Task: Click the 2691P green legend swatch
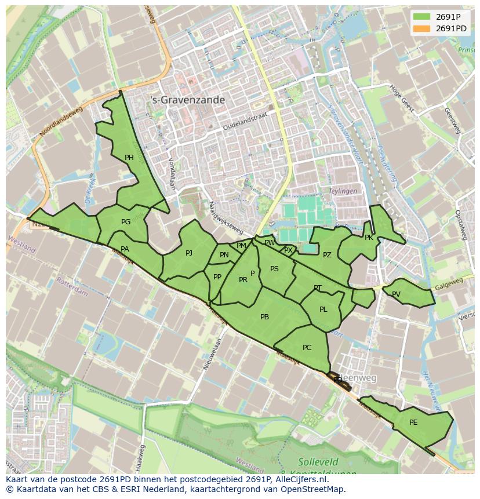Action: coord(422,17)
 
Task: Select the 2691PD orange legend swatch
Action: coord(422,28)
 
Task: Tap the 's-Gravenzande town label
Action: coord(187,100)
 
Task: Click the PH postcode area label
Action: coord(129,157)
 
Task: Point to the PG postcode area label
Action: coord(126,221)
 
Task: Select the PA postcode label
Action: coord(125,249)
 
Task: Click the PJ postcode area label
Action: coord(189,253)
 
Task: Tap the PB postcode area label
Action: coord(264,316)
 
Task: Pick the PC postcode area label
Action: coord(307,348)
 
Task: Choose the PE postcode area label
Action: coord(413,422)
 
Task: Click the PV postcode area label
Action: coord(396,294)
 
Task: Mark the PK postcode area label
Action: coord(369,237)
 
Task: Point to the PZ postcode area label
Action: coord(327,255)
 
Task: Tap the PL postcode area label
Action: coord(323,309)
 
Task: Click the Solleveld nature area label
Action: coord(317,462)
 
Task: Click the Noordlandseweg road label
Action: coord(61,122)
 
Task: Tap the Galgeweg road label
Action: coord(447,283)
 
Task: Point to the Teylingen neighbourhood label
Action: coord(343,191)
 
